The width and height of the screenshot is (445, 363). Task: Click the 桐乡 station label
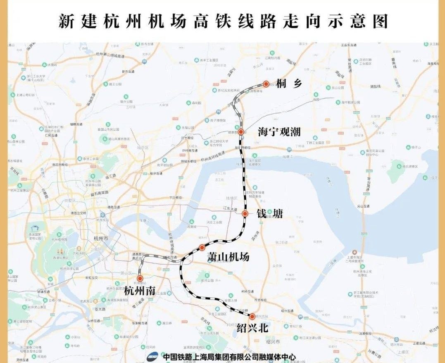pos(290,84)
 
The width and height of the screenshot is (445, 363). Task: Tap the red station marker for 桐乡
pos(266,84)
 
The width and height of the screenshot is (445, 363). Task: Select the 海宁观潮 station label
pos(279,132)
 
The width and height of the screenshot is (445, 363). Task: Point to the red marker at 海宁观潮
pos(240,132)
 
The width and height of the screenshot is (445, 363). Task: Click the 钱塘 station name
pos(269,214)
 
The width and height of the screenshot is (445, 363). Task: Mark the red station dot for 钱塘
pos(245,214)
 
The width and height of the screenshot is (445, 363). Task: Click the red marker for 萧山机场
pos(202,247)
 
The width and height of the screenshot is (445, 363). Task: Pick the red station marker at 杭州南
pos(140,279)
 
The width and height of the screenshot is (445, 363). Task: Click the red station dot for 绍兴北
pos(252,317)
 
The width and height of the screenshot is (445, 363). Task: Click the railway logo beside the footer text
pos(153,356)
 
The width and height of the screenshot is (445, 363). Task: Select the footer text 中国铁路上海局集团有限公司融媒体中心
pos(229,356)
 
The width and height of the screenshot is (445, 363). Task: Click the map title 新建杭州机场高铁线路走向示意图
pos(223,21)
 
